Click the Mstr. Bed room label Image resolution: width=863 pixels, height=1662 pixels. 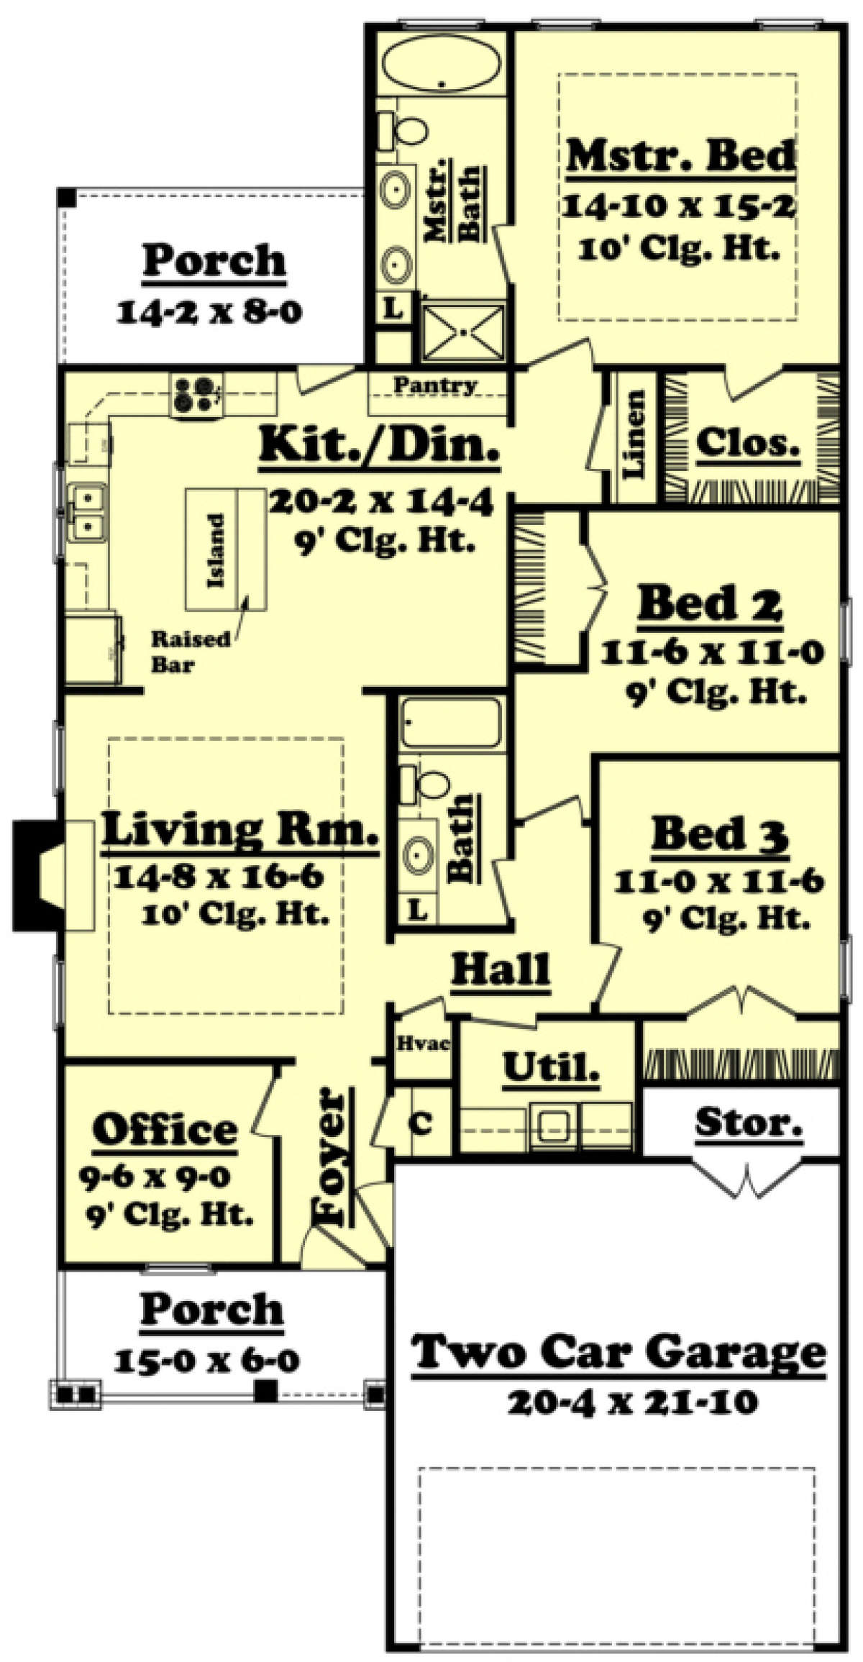680,156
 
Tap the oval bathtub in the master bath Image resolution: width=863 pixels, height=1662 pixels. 440,67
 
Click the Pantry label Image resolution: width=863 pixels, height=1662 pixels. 435,385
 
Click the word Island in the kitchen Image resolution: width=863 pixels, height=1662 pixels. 216,550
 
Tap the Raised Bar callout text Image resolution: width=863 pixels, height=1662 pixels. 190,652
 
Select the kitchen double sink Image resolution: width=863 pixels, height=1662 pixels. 86,511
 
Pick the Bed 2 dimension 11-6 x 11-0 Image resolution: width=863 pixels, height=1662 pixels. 711,653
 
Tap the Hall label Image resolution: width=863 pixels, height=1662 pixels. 501,969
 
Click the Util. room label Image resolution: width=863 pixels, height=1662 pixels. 551,1067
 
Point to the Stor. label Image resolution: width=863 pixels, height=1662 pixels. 748,1121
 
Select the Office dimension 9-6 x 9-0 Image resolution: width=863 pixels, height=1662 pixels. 154,1177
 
